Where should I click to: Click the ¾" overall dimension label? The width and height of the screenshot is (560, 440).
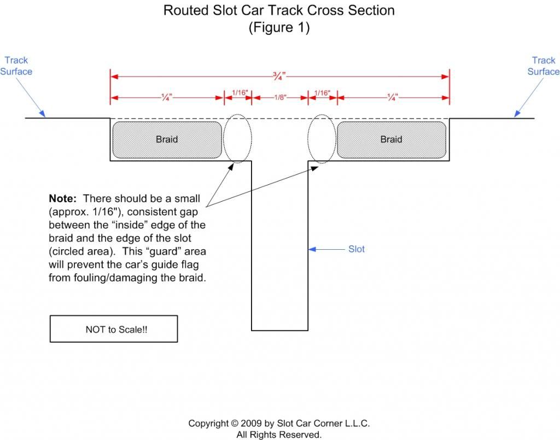[279, 76]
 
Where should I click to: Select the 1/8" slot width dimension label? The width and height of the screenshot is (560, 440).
[280, 97]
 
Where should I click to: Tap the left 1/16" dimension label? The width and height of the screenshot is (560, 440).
[240, 93]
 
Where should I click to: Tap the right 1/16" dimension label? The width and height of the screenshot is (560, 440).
[322, 93]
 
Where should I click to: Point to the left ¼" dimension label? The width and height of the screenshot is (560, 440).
[166, 97]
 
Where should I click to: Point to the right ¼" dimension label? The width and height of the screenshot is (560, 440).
[392, 97]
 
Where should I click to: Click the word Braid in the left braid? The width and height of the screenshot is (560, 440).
[167, 139]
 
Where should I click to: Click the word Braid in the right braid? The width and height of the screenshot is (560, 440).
[391, 139]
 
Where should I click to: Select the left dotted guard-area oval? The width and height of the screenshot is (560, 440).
[224, 138]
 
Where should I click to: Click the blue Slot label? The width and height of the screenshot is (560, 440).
[357, 249]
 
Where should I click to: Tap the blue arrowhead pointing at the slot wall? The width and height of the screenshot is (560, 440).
[312, 249]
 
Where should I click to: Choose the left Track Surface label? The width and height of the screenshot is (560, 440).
[16, 66]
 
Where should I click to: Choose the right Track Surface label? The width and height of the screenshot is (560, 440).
[544, 66]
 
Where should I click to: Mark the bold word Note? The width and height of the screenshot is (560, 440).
[62, 198]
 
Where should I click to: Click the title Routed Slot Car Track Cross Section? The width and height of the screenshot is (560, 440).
[279, 10]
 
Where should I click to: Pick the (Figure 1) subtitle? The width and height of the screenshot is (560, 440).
[279, 27]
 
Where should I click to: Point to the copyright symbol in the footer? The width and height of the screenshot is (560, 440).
[234, 423]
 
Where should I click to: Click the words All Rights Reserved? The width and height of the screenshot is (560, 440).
[279, 435]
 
